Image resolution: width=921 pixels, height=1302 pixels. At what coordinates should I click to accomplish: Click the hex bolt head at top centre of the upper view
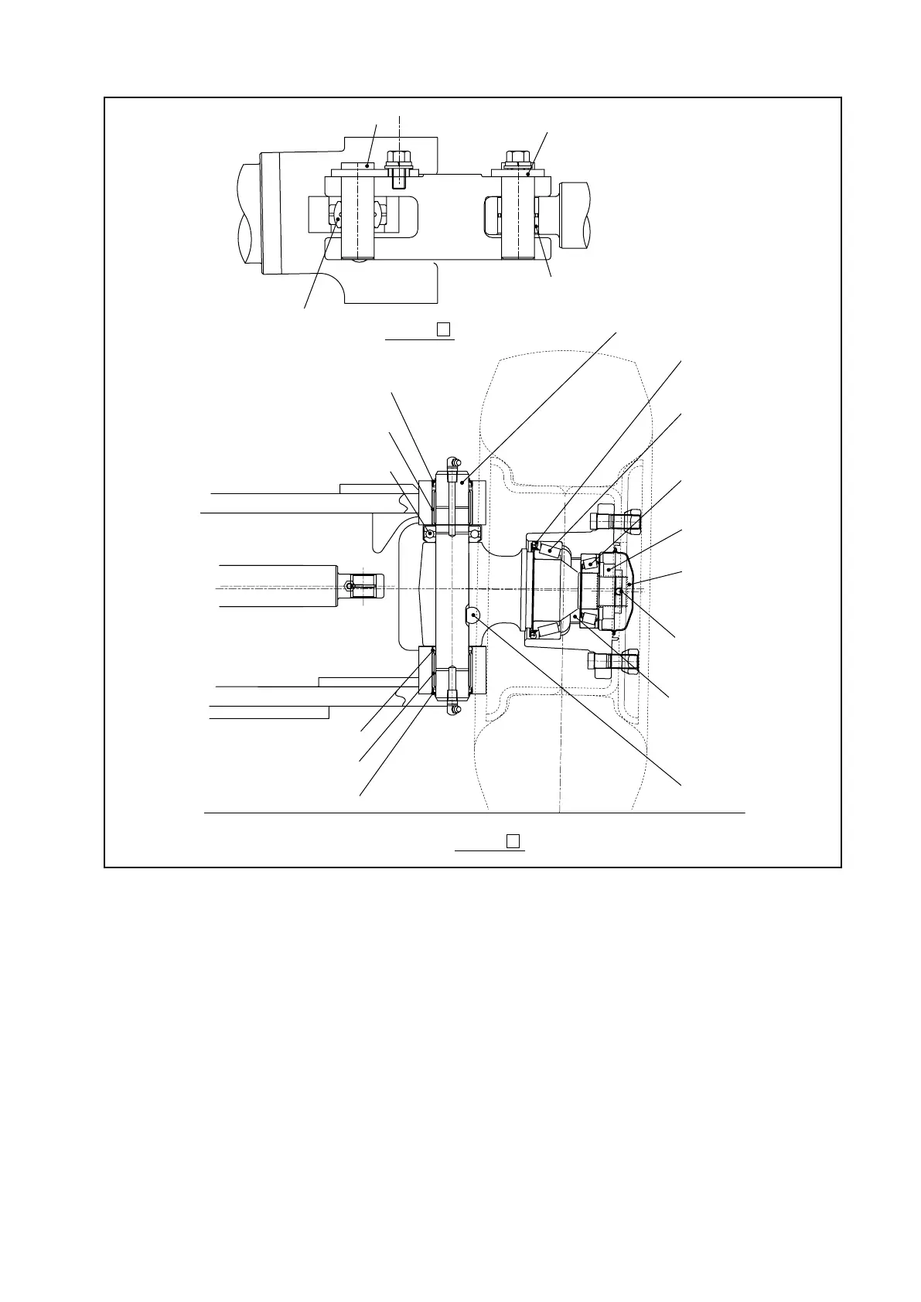point(399,159)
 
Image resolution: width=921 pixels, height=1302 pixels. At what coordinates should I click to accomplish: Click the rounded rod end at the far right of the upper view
point(575,215)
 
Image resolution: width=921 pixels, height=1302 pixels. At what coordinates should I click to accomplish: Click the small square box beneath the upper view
point(443,329)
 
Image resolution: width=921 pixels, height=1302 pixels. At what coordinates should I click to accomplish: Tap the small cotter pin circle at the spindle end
point(620,592)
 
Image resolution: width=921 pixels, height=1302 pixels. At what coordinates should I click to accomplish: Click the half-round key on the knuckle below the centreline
point(472,615)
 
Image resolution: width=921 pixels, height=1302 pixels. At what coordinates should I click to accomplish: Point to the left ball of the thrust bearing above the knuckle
point(430,533)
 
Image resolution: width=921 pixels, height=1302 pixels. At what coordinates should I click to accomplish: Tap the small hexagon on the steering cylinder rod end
point(352,587)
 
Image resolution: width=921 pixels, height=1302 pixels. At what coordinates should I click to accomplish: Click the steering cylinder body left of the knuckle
point(278,586)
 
